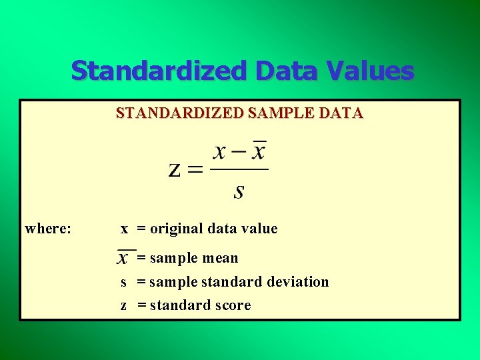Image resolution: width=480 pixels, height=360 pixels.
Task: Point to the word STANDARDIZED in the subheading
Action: point(180,113)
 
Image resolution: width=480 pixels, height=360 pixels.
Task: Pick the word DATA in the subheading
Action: point(340,113)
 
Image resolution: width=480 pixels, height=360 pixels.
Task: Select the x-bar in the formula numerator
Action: point(257,152)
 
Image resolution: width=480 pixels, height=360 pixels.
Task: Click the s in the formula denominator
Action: point(239,192)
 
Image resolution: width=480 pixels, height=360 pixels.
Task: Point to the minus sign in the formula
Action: point(239,153)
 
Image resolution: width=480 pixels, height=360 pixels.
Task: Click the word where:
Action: point(48,229)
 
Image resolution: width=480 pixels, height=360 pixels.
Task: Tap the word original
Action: point(177,229)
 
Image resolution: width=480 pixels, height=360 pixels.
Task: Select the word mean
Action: point(221,258)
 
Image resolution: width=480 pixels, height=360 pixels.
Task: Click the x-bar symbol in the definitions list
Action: point(125,257)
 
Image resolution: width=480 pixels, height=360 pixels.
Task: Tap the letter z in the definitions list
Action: point(124,306)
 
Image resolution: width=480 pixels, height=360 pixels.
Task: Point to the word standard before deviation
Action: point(231,282)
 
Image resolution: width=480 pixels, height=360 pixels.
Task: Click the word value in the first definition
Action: point(259,229)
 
